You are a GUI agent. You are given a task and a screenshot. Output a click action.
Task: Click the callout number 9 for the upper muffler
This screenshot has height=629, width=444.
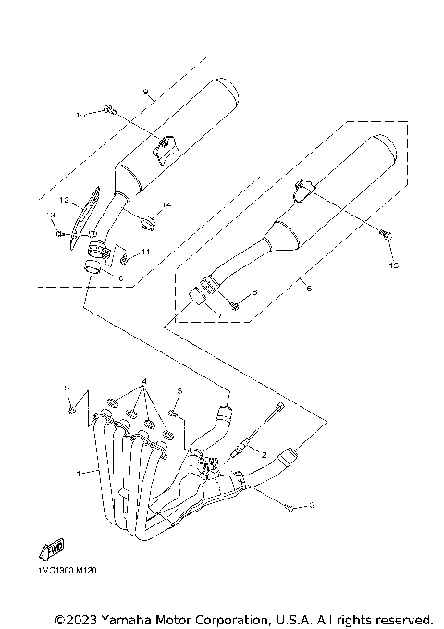click(146, 92)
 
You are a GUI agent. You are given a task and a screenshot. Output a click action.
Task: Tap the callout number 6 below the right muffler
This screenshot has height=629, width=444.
click(309, 288)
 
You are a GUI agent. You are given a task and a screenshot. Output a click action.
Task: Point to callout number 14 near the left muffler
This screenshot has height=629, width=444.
click(167, 203)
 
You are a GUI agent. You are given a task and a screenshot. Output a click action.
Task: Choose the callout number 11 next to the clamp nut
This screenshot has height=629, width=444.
click(145, 252)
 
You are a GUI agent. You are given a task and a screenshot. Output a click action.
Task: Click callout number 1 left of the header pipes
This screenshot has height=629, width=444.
click(80, 473)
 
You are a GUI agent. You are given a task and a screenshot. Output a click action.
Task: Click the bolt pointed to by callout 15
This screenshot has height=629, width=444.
click(388, 236)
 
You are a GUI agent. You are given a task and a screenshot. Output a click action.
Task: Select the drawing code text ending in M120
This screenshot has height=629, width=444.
click(68, 571)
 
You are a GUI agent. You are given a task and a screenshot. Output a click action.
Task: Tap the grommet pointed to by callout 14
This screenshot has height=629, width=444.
click(149, 219)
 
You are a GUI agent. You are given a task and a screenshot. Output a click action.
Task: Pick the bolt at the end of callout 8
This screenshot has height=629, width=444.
click(234, 305)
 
